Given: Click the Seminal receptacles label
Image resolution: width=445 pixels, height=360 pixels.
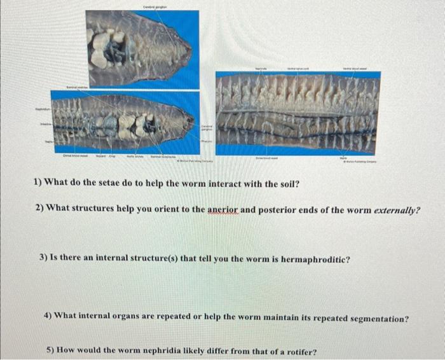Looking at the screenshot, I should [163, 155].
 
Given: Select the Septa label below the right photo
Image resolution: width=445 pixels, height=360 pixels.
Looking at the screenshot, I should [343, 156].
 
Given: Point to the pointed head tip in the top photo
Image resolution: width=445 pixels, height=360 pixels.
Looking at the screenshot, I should [191, 49].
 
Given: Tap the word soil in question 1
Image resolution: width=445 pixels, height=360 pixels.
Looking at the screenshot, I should [284, 184].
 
